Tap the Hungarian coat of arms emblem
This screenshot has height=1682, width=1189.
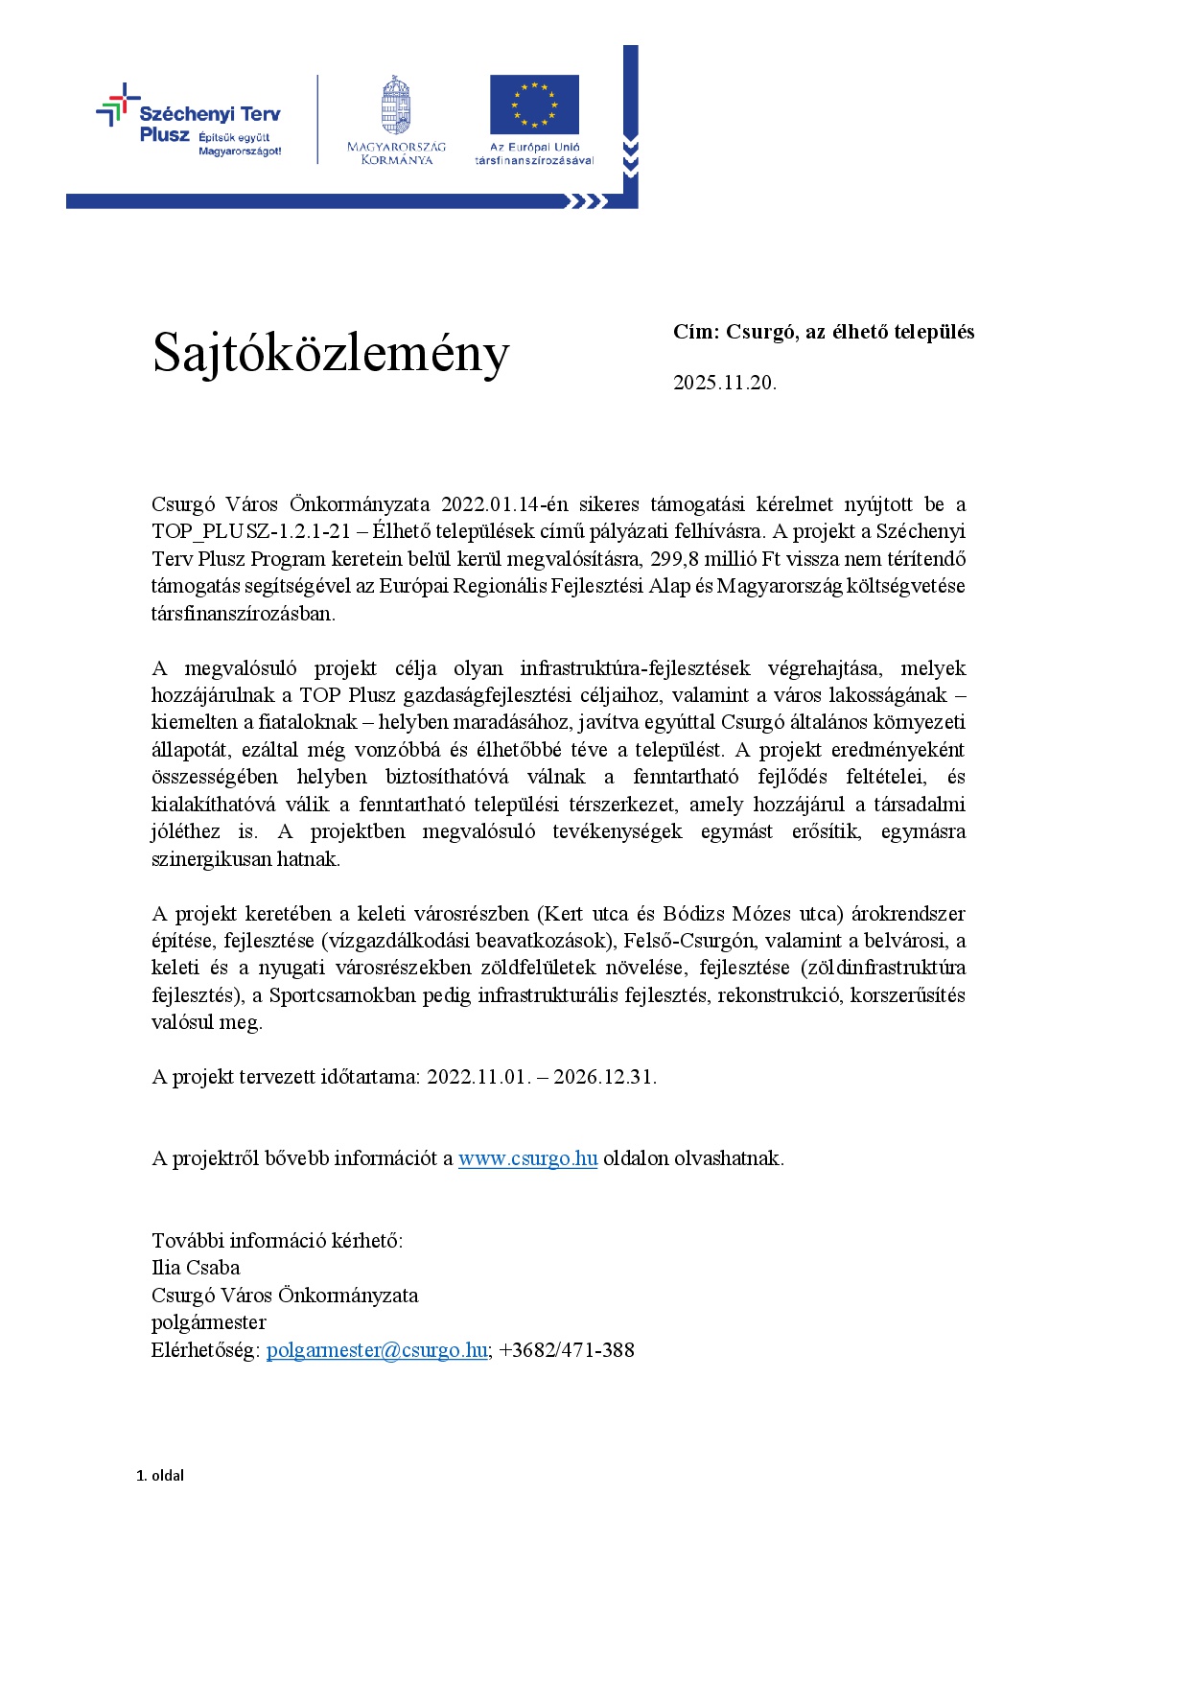tap(396, 105)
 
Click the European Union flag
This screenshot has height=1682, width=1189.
tap(534, 105)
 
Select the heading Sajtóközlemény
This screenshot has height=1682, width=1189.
tap(331, 353)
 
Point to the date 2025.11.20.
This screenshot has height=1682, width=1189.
tap(724, 383)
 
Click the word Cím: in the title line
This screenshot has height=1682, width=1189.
tap(695, 332)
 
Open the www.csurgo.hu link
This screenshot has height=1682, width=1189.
tap(527, 1158)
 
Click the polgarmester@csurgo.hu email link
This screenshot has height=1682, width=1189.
tap(377, 1350)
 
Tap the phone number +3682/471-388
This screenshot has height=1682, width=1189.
tap(567, 1350)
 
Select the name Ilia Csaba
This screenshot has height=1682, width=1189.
tap(196, 1268)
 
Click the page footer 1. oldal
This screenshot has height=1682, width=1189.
tap(160, 1476)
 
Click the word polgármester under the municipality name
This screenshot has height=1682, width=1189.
tap(209, 1322)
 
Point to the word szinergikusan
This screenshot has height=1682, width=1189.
tap(212, 859)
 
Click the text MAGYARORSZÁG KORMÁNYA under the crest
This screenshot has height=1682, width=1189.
tap(396, 153)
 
